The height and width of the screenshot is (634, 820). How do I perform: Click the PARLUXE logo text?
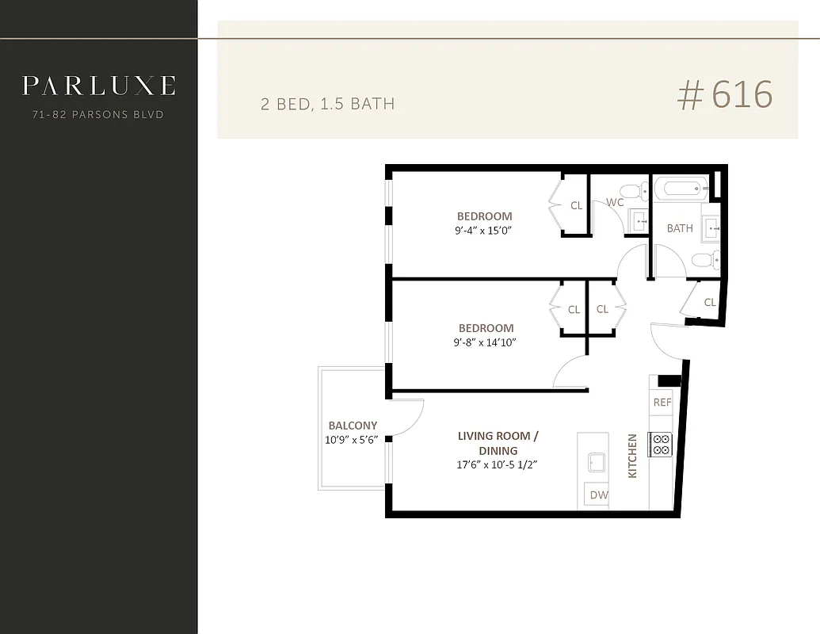98,86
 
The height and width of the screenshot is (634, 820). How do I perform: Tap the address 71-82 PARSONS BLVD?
98,115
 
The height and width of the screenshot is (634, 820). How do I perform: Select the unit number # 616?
724,95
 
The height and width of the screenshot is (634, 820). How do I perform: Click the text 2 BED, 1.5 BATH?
328,104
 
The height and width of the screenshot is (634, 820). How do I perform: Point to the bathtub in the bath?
681,189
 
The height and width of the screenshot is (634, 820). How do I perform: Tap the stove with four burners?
660,445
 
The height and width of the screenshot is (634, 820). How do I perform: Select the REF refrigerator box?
662,403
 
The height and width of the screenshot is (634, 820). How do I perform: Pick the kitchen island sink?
594,461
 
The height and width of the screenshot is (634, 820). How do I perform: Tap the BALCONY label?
353,426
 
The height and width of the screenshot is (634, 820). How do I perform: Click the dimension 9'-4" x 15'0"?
484,231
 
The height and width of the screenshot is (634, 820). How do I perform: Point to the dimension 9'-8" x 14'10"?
485,342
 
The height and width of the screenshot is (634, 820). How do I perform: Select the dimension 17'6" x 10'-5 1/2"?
498,465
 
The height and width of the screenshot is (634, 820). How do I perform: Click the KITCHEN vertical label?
632,456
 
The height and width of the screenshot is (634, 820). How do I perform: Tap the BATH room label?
679,228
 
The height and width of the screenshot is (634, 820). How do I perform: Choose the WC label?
615,203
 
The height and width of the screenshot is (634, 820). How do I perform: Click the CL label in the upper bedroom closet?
576,206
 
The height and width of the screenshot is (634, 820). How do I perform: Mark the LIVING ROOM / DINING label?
498,443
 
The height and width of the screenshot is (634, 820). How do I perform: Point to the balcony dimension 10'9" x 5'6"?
353,440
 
